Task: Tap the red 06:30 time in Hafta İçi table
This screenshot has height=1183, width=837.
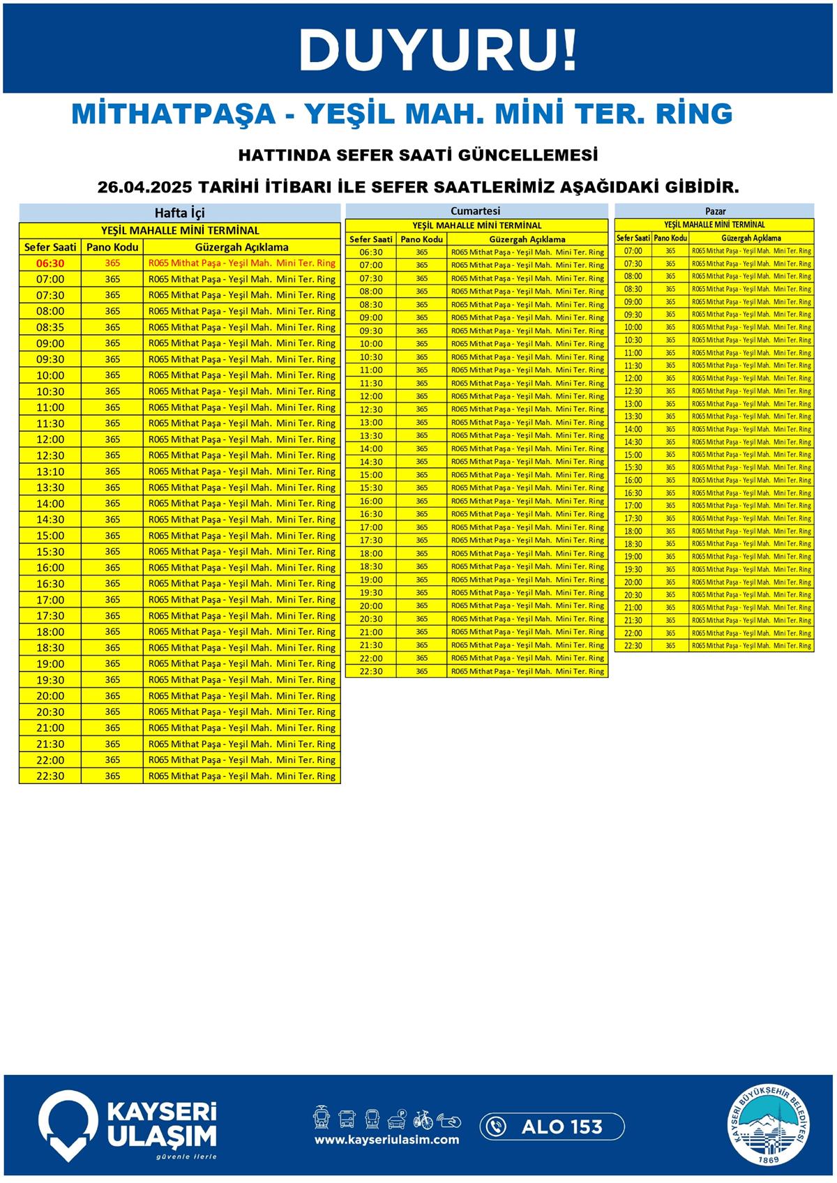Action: coord(50,264)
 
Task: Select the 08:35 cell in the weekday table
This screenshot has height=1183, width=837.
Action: coord(50,327)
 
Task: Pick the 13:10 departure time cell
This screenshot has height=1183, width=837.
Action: coord(50,472)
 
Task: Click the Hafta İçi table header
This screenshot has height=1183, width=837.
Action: coord(180,213)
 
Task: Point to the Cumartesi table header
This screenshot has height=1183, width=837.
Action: coord(476,211)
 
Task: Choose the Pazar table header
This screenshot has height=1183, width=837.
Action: coord(715,211)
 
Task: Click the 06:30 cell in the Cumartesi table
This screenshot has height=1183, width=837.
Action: coord(371,252)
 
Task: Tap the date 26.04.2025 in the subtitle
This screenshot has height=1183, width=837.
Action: coord(145,188)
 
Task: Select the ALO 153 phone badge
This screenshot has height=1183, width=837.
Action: coord(552,1127)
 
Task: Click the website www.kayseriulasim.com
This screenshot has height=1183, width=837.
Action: coord(386,1140)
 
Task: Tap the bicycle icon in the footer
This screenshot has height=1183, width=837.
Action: coord(423,1120)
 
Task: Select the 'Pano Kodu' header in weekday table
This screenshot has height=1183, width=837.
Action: coord(112,247)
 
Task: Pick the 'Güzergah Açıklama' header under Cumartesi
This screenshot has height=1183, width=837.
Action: coord(527,239)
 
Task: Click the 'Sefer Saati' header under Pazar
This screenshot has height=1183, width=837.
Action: coord(633,238)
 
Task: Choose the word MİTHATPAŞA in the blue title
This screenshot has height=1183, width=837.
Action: coord(174,114)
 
